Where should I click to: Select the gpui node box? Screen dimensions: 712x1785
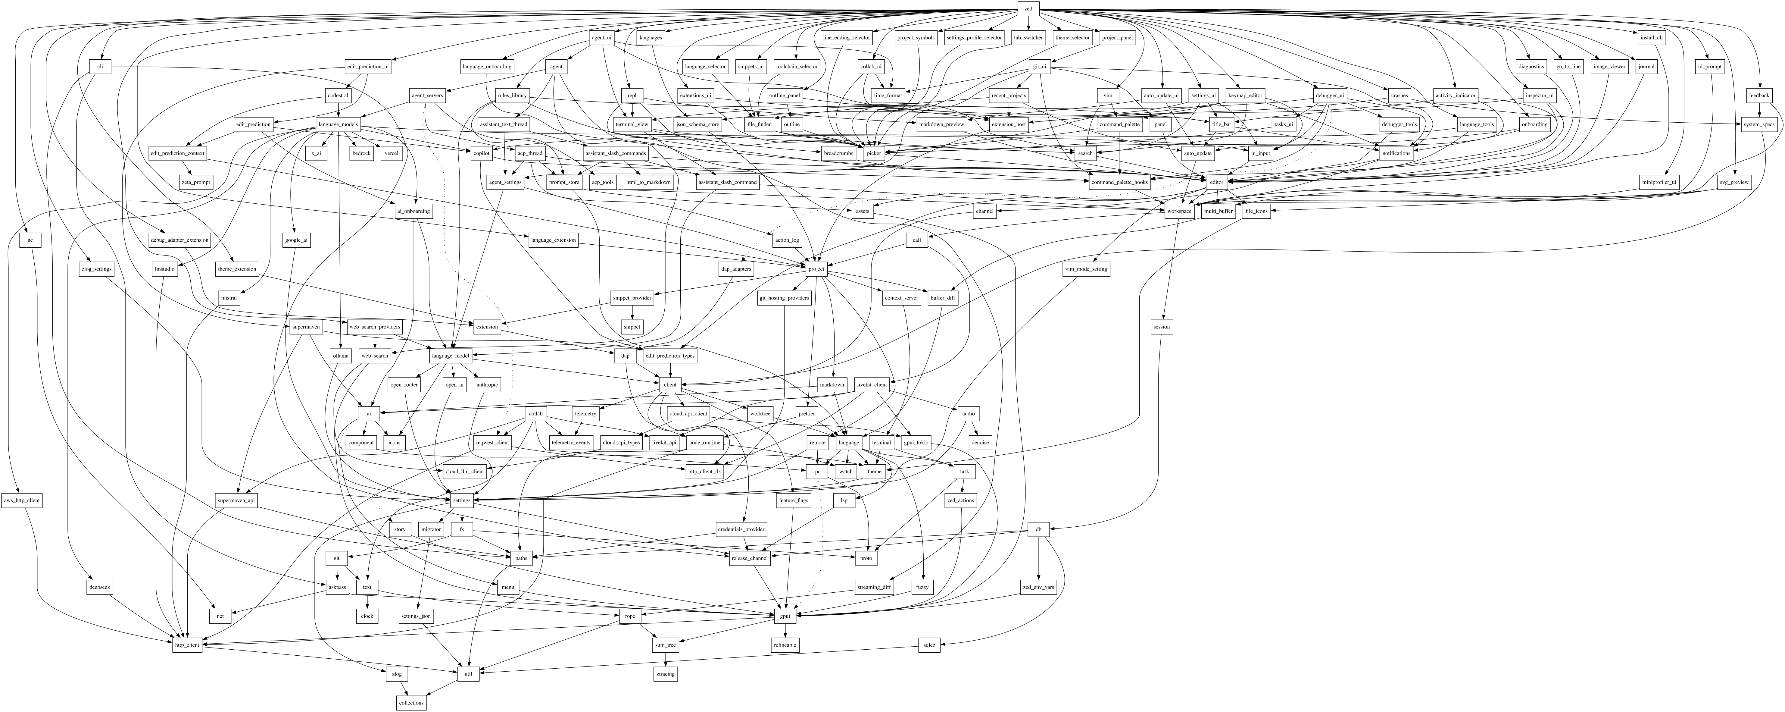click(785, 616)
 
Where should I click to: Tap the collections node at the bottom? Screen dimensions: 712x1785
click(411, 702)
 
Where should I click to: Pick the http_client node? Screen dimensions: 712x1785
click(187, 645)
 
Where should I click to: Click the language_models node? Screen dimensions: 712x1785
click(338, 124)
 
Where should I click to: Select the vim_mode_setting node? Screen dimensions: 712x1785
click(1086, 269)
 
